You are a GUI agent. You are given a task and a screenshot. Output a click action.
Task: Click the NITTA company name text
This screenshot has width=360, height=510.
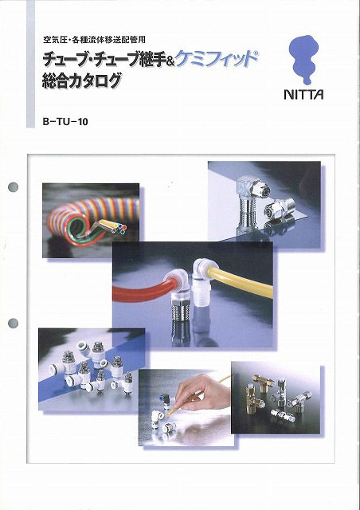point(303,94)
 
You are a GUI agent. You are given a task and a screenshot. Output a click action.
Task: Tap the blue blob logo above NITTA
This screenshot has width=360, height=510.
point(303,58)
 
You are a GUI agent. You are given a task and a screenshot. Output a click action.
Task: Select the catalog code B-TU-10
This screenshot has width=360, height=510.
point(65,122)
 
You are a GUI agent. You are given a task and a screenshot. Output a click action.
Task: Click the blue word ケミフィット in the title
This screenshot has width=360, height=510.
point(217,59)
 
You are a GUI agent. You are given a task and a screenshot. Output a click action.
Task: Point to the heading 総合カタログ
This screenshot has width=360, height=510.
point(81,81)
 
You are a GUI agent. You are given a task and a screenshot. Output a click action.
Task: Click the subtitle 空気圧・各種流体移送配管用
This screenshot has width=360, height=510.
point(94,40)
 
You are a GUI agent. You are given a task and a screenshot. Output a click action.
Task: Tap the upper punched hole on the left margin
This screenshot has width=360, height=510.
point(13,187)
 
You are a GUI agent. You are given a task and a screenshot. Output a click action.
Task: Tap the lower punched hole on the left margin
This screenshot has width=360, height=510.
point(13,324)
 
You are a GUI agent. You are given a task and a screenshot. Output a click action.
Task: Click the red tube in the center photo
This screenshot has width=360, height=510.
point(143,290)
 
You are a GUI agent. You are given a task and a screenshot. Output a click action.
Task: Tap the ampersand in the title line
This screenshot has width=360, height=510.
point(170,61)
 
